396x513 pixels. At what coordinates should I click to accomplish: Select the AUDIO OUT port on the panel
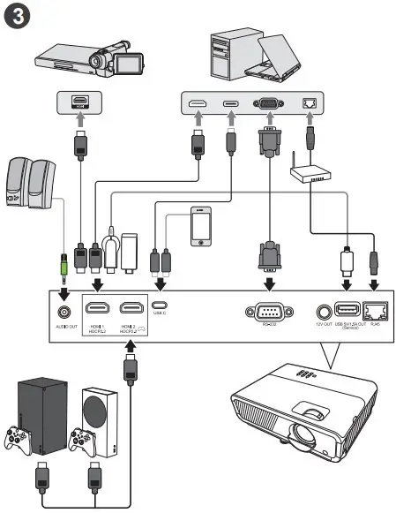(x=64, y=311)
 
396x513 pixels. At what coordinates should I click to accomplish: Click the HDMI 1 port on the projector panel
(x=98, y=310)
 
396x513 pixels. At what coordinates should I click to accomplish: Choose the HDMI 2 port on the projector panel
(x=132, y=310)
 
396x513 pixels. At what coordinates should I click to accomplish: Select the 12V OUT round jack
(x=323, y=311)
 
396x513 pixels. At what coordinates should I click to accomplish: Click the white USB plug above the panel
(x=347, y=262)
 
